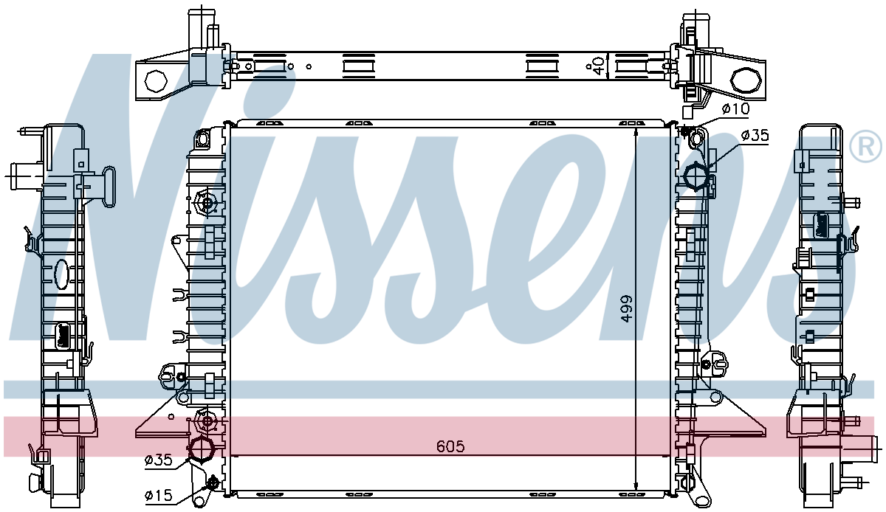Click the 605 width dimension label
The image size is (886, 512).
[450, 446]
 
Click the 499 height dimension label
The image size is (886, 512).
[626, 309]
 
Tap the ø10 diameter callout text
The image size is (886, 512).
[735, 108]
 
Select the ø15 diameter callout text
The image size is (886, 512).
[159, 495]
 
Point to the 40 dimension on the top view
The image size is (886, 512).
[600, 66]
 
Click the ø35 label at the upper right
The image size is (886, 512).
[755, 136]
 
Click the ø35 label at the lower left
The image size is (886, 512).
[159, 460]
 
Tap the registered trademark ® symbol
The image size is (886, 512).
[865, 146]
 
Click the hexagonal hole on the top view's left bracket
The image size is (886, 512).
[156, 81]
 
